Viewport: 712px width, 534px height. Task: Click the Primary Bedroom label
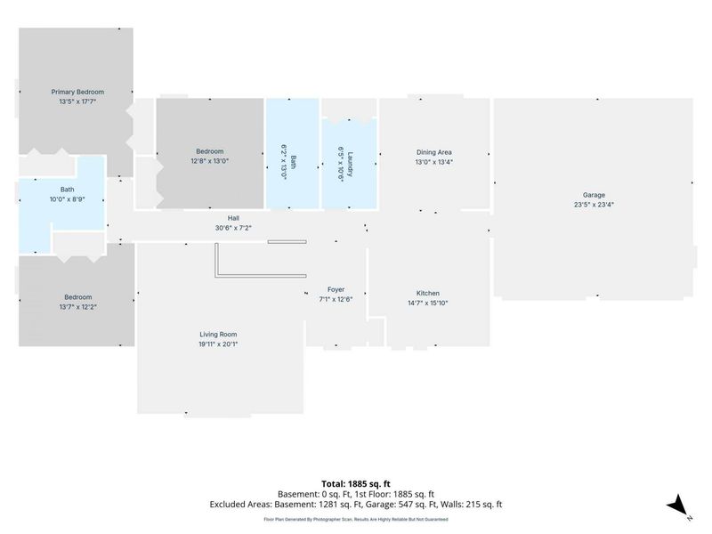click(77, 92)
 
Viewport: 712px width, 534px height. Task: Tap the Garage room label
click(594, 195)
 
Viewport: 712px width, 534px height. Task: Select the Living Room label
click(218, 335)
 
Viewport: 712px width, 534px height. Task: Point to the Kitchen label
click(428, 294)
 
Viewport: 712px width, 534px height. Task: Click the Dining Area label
click(434, 152)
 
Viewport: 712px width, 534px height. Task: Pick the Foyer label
click(336, 289)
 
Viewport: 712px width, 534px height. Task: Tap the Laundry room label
click(350, 164)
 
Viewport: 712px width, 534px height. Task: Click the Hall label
click(233, 218)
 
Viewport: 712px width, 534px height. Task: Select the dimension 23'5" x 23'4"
click(594, 205)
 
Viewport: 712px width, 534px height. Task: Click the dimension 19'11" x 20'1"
click(218, 344)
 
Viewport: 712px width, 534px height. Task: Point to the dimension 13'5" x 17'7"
click(77, 101)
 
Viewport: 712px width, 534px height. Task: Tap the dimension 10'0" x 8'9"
click(68, 198)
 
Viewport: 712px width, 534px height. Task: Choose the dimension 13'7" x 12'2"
click(78, 306)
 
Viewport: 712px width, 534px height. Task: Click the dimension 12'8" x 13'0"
click(210, 161)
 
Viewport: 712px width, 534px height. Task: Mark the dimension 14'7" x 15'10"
click(428, 303)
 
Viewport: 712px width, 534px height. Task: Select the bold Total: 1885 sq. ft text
click(356, 484)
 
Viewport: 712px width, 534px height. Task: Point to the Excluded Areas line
click(356, 504)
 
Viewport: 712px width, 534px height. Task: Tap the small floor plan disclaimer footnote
click(356, 519)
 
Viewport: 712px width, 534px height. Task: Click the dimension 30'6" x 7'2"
click(233, 228)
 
